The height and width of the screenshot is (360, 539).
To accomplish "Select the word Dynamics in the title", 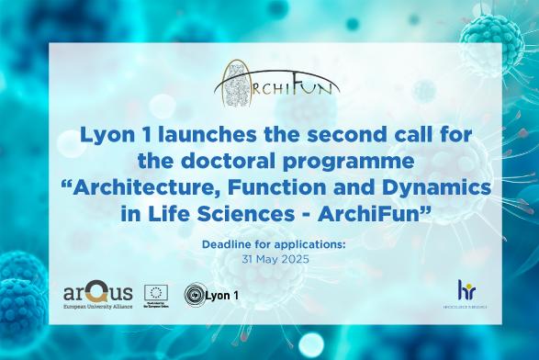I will [x=430, y=189].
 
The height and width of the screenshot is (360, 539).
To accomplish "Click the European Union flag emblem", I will [x=154, y=291].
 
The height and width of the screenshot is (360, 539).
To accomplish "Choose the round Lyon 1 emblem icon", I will [x=196, y=296].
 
